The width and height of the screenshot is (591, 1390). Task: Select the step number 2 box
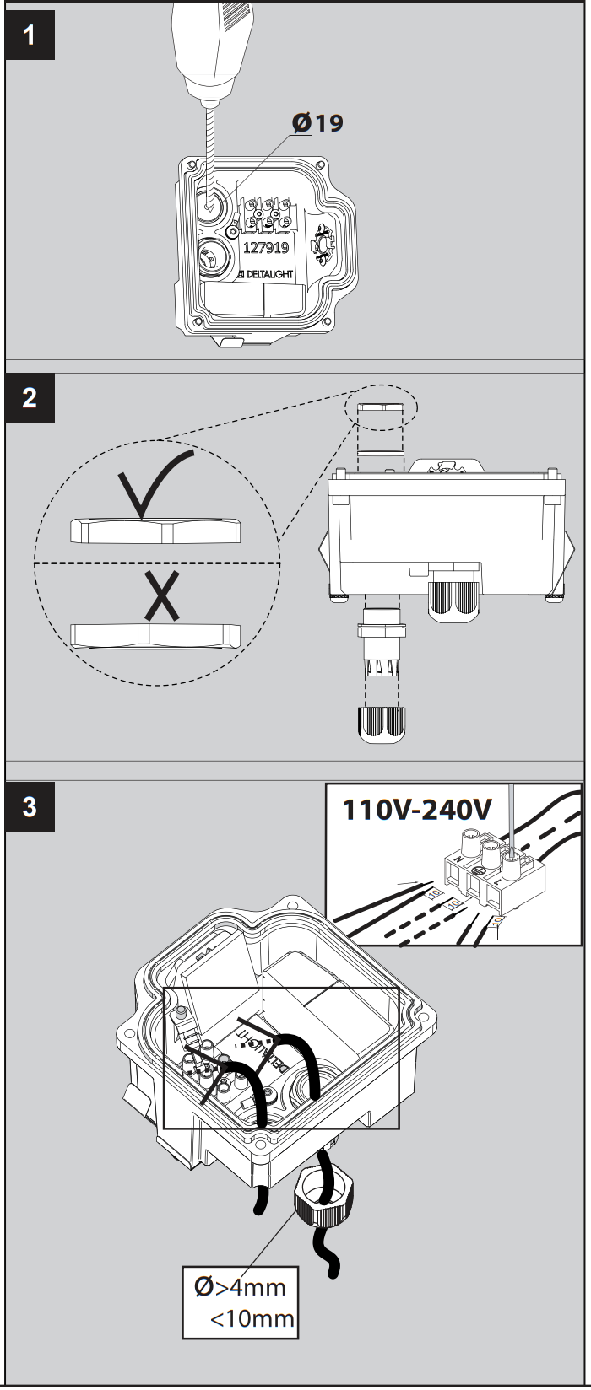pos(30,398)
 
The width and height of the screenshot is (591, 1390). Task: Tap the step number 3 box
pos(30,806)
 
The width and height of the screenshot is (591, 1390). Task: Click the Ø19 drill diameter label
pos(318,123)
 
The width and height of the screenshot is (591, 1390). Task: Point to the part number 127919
pos(266,248)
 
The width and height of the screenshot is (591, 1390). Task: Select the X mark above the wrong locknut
pos(160,595)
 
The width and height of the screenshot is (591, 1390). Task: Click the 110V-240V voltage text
pos(416,810)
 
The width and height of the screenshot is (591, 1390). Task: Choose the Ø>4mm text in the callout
pos(240,1287)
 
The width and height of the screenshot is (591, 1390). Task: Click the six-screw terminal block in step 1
pos(266,215)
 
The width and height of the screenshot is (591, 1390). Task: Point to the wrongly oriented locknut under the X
pos(155,634)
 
